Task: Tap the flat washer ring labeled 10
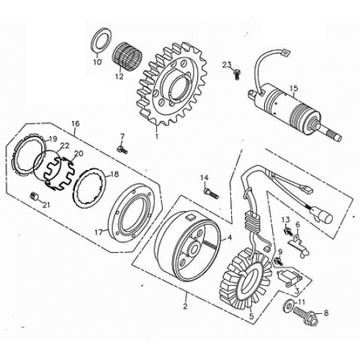tap(102, 40)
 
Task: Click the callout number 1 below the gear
tap(156, 134)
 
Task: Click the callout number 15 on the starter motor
tap(292, 89)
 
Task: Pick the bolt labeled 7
tap(121, 148)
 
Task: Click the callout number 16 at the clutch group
tap(76, 123)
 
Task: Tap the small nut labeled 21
tap(33, 197)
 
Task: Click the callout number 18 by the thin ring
tap(114, 174)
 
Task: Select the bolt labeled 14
tap(211, 192)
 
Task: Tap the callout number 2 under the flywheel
tap(186, 307)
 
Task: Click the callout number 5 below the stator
tap(251, 315)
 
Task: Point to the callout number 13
tap(285, 220)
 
